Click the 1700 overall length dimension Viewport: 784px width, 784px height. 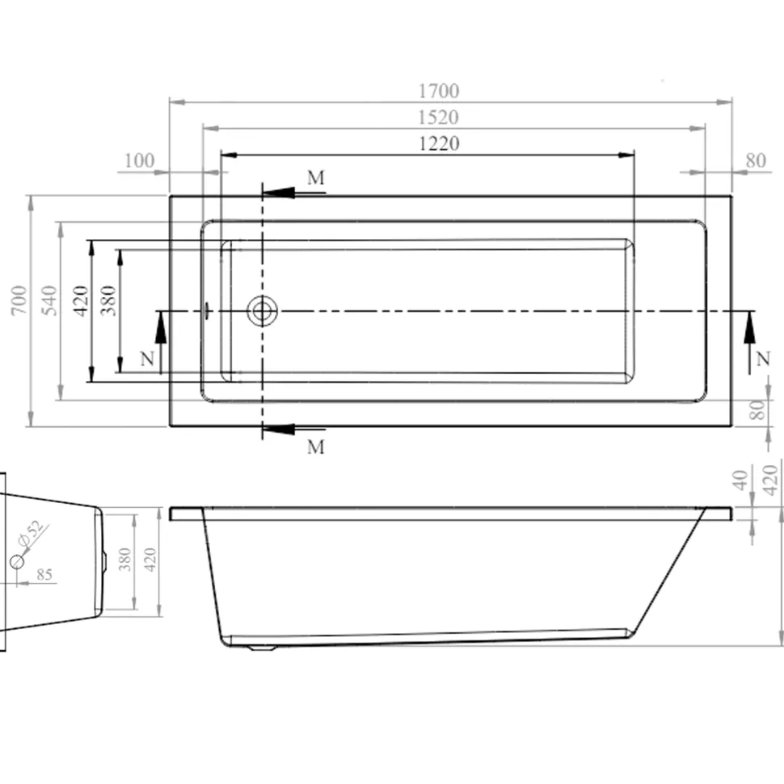click(x=439, y=91)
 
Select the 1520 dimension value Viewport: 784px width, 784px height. click(x=439, y=118)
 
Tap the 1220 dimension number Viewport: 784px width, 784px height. click(x=439, y=144)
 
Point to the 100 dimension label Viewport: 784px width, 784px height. click(x=139, y=161)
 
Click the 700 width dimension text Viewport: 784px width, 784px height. click(x=19, y=300)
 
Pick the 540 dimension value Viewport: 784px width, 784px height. click(x=49, y=300)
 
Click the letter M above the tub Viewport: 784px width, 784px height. click(x=316, y=178)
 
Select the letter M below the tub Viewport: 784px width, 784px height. click(x=316, y=447)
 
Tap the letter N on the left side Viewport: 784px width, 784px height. click(x=147, y=359)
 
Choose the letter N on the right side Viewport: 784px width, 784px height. click(x=763, y=359)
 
